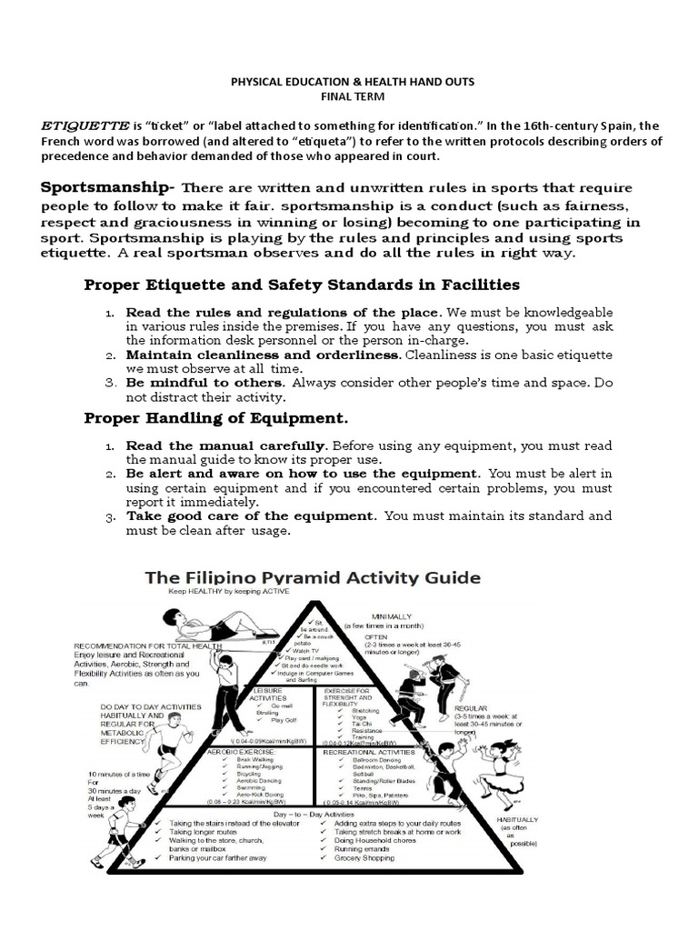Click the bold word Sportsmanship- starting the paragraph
(x=106, y=188)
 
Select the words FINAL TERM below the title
(x=351, y=95)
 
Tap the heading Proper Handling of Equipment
(x=215, y=419)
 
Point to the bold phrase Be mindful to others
(x=203, y=383)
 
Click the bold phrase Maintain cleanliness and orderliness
(x=263, y=354)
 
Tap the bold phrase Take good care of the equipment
(x=250, y=516)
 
